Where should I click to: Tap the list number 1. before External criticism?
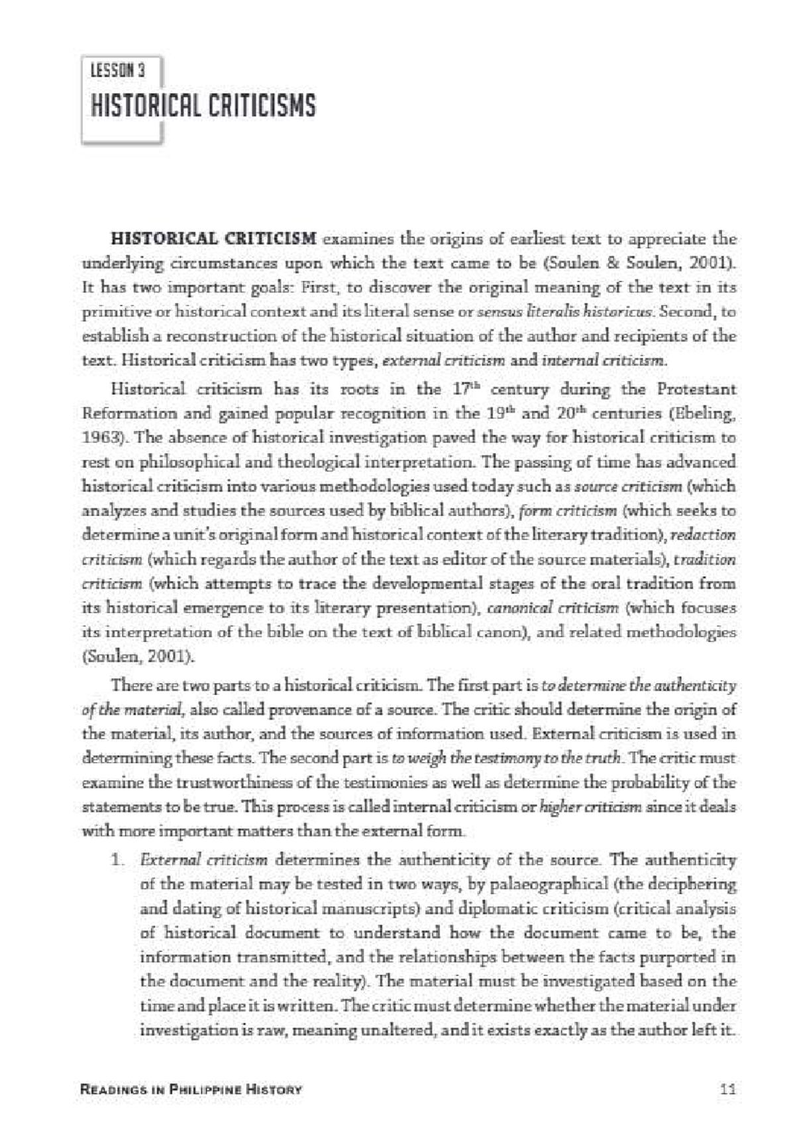[x=117, y=861]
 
